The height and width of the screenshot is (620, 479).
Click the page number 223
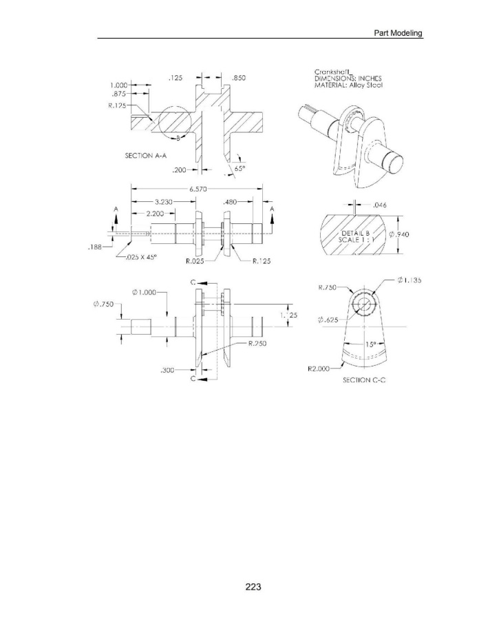(x=253, y=587)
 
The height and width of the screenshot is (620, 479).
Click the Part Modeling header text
(x=398, y=33)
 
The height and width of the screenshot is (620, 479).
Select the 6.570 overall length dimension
(x=198, y=189)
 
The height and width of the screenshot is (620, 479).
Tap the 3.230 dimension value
(x=164, y=202)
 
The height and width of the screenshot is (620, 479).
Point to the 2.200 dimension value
(x=155, y=214)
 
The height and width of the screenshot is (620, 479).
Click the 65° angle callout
(x=240, y=168)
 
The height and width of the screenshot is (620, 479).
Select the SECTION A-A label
(x=146, y=156)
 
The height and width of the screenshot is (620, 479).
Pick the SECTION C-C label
(x=364, y=380)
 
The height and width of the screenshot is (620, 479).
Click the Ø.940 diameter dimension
(x=399, y=234)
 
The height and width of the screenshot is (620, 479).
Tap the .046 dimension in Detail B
(x=380, y=205)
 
